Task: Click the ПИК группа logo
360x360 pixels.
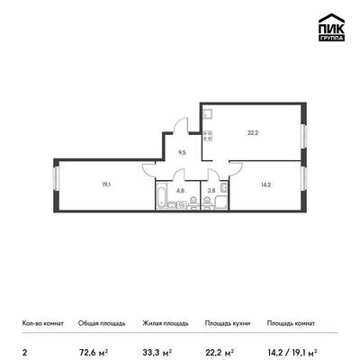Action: (x=331, y=28)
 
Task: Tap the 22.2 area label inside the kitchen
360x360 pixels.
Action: (x=253, y=133)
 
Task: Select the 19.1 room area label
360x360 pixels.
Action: (x=106, y=184)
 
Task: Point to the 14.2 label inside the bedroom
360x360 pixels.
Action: (x=265, y=184)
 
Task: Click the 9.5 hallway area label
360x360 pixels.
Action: (x=183, y=152)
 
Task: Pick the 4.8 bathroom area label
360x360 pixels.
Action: (x=181, y=190)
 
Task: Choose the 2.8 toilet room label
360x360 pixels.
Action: (x=211, y=190)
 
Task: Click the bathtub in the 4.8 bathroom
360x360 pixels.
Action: (x=161, y=195)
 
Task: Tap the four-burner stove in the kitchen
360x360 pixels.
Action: (x=208, y=136)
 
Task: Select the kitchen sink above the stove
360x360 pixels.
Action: (x=208, y=114)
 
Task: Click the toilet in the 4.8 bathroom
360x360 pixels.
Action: (x=193, y=203)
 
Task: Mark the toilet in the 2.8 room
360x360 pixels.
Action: (x=207, y=203)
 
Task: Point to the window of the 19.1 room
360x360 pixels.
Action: (x=56, y=178)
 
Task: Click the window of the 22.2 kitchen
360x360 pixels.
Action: (x=304, y=136)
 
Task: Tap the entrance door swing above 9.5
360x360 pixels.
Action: (x=181, y=125)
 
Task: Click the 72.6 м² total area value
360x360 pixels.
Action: (x=93, y=352)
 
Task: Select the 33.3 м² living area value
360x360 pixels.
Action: (x=157, y=352)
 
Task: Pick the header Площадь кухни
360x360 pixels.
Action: (x=228, y=323)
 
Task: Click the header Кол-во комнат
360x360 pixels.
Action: (x=43, y=323)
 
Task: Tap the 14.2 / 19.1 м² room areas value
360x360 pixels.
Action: (x=292, y=352)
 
